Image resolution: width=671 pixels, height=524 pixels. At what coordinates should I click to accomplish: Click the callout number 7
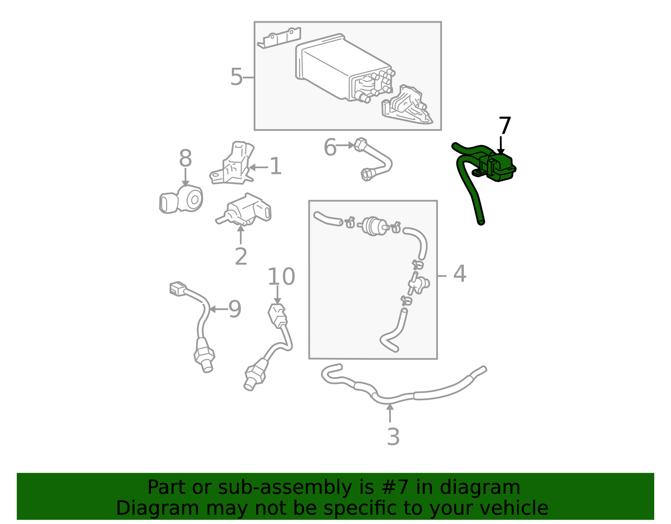[x=505, y=126]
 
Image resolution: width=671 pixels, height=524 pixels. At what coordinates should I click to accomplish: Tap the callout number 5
[x=236, y=77]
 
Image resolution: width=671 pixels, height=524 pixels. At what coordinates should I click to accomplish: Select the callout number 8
[x=185, y=159]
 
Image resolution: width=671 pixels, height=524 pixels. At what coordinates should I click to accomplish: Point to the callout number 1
[x=275, y=167]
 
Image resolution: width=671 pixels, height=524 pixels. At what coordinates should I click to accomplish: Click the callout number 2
[x=241, y=256]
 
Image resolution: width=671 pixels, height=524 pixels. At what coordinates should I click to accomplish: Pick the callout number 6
[x=330, y=148]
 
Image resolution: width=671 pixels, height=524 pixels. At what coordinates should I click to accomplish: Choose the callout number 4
[x=460, y=274]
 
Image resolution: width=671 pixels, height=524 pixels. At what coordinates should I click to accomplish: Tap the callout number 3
[x=393, y=437]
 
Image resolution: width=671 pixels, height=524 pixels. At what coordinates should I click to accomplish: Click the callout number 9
[x=235, y=310]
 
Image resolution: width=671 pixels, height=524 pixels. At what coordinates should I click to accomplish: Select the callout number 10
[x=281, y=277]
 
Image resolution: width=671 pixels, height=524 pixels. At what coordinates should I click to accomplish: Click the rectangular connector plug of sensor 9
[x=178, y=289]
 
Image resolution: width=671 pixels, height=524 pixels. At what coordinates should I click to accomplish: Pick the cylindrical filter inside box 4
[x=372, y=226]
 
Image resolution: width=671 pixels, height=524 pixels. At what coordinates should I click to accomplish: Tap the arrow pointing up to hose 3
[x=390, y=413]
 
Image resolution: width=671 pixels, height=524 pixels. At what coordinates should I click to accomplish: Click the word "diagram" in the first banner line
[x=489, y=488]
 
